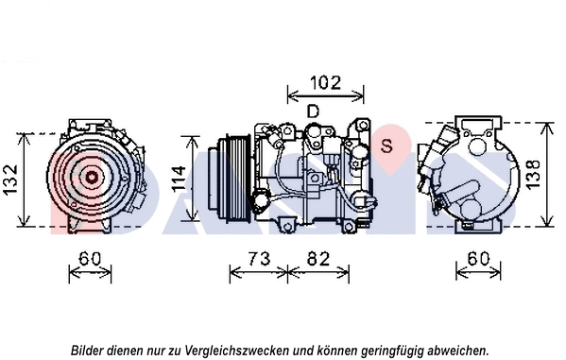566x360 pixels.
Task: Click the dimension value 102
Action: pos(324,82)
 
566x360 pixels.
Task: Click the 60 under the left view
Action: pos(90,258)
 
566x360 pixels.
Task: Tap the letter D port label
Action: pos(313,111)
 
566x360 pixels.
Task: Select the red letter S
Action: pos(386,145)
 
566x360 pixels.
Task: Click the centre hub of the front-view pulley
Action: pos(92,175)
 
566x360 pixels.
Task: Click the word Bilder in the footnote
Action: pos(88,350)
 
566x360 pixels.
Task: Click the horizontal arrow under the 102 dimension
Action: pos(324,95)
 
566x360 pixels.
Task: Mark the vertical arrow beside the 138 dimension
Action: pos(545,175)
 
